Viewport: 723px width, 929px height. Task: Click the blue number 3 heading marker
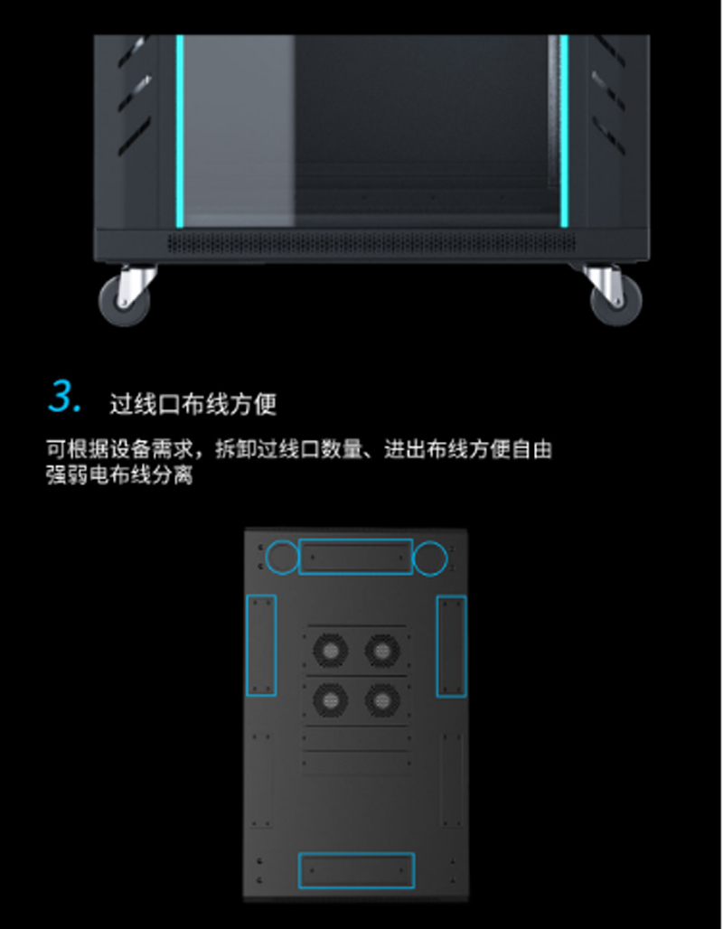point(65,396)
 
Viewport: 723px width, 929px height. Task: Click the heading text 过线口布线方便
point(193,404)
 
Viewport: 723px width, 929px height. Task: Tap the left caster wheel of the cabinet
point(125,302)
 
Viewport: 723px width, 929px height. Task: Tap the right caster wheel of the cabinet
point(616,302)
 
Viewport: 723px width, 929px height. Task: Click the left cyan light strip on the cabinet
point(180,131)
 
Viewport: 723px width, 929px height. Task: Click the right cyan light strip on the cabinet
point(564,131)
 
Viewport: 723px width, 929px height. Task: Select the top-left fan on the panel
point(330,651)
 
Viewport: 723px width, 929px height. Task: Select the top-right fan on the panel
point(381,651)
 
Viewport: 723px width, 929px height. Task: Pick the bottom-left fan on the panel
point(330,701)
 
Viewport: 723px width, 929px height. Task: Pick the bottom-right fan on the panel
point(381,701)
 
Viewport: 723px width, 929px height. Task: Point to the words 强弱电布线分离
point(119,475)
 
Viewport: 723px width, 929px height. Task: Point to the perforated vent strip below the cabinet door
point(371,243)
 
